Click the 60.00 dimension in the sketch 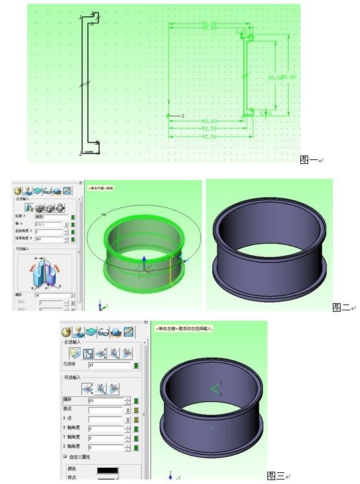pyautogui.click(x=209, y=121)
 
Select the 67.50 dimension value pyautogui.click(x=209, y=136)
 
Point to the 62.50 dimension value pyautogui.click(x=209, y=128)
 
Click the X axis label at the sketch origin pyautogui.click(x=183, y=116)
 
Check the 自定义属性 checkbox pyautogui.click(x=65, y=457)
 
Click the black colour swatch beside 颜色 pyautogui.click(x=108, y=469)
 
